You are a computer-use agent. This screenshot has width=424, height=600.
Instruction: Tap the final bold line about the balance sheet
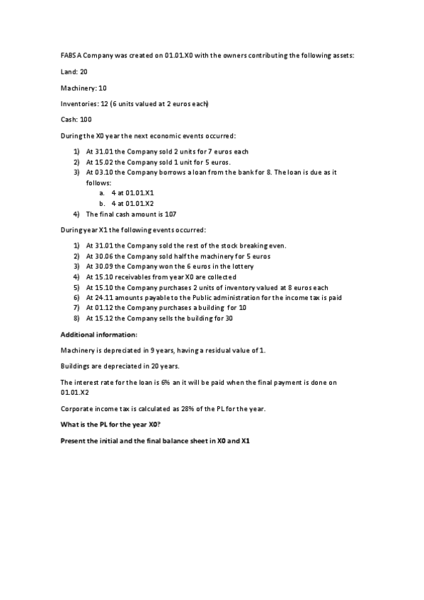[x=156, y=441]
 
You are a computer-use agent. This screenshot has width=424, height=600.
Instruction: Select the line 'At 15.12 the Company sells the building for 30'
[x=159, y=318]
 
